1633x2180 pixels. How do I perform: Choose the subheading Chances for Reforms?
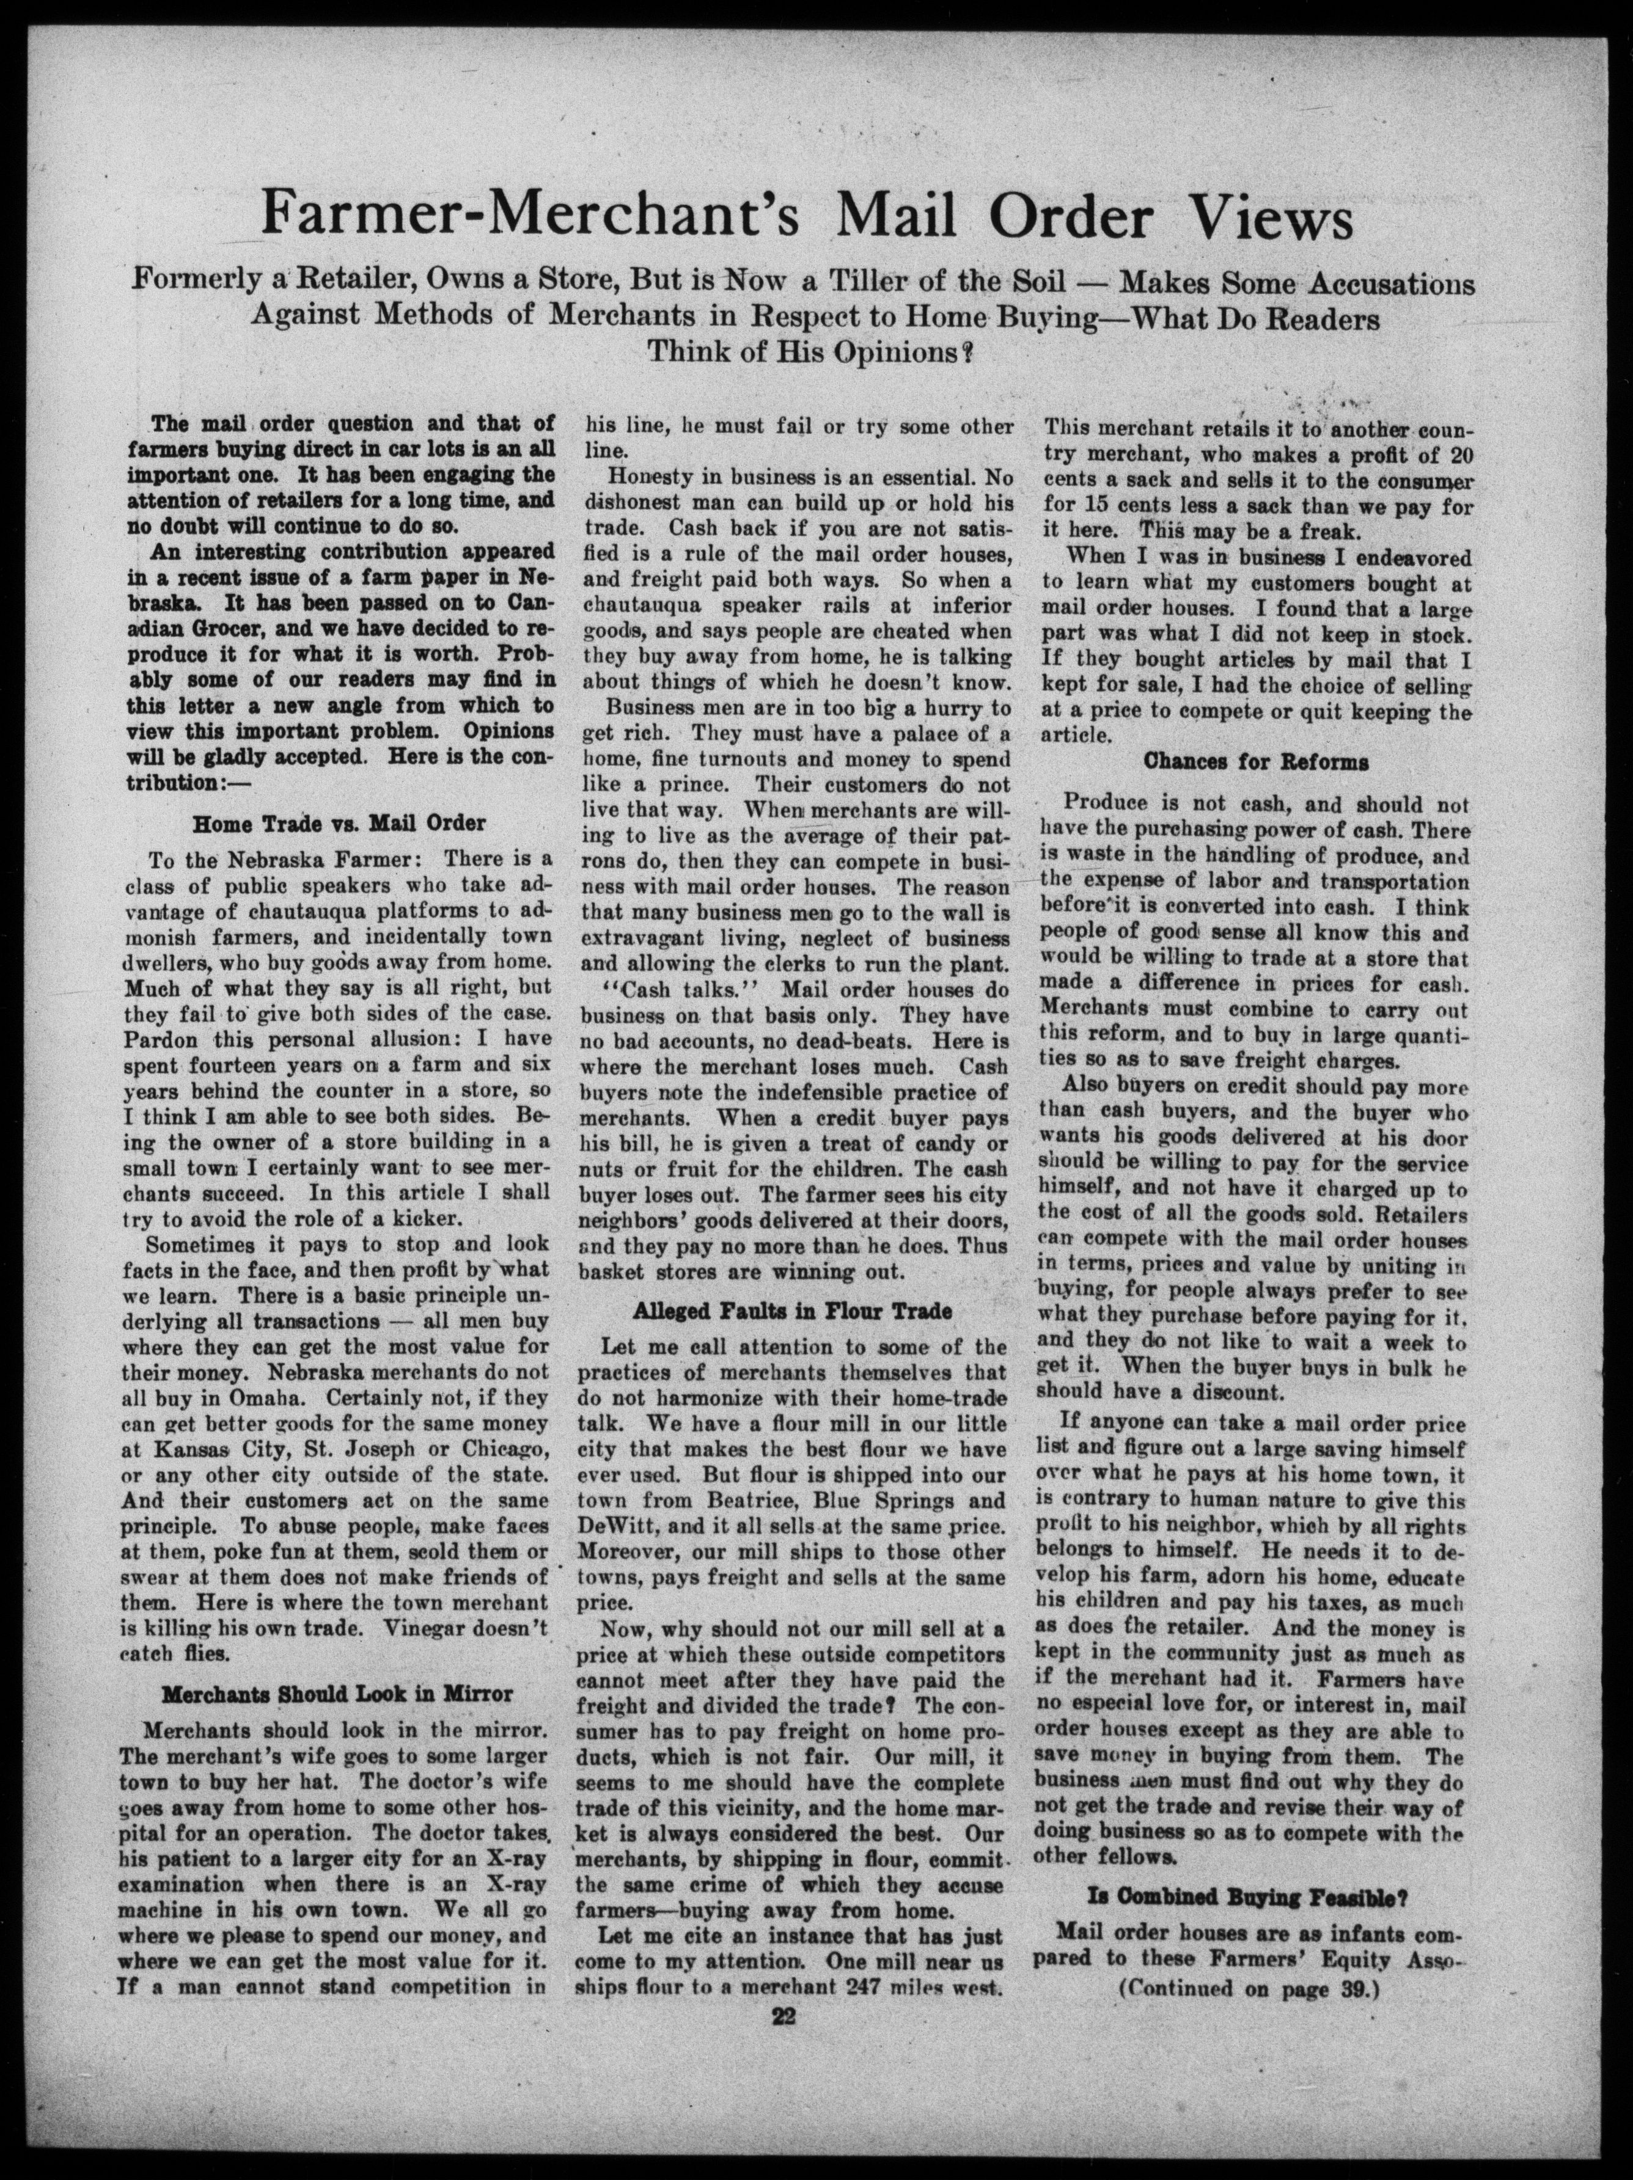(x=1255, y=762)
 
